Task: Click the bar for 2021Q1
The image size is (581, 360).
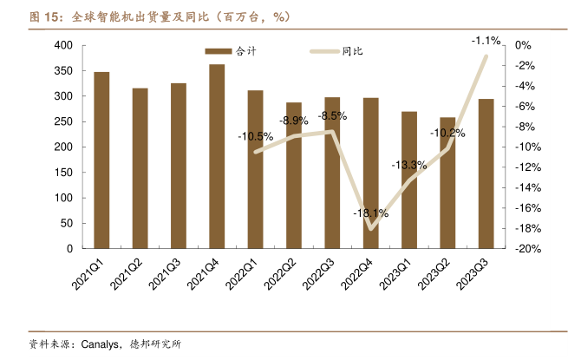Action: coord(101,160)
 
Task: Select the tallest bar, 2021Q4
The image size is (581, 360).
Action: coord(217,156)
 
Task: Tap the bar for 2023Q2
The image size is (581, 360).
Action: coord(447,183)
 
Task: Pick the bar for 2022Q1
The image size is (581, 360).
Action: coord(255,169)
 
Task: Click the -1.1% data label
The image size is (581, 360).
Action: coord(486,41)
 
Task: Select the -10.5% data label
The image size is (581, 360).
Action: coord(255,136)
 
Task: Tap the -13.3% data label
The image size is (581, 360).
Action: coord(409,165)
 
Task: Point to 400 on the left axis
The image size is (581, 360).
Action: coord(63,45)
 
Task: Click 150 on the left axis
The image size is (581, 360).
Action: coord(63,173)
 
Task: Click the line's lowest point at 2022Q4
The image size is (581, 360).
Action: coord(370,229)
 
